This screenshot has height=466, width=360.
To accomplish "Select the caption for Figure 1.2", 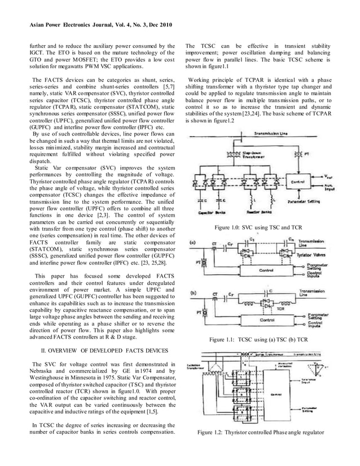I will tap(260, 433).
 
